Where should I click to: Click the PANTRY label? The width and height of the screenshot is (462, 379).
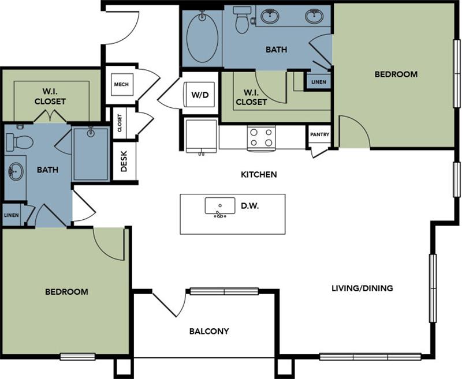(319, 135)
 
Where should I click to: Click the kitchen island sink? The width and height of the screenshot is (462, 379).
(220, 206)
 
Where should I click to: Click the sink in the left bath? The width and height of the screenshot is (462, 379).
(16, 171)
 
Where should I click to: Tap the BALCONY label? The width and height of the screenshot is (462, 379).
(209, 331)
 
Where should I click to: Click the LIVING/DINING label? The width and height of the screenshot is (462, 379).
(362, 288)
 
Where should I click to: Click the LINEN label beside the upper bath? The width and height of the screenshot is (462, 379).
(318, 82)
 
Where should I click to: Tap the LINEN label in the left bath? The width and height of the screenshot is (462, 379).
(11, 215)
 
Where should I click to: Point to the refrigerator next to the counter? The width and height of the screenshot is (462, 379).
(200, 136)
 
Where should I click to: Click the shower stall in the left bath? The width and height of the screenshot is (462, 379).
(91, 153)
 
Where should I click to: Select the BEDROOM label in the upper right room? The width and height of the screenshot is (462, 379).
(396, 74)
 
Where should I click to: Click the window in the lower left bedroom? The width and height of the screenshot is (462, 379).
(77, 356)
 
